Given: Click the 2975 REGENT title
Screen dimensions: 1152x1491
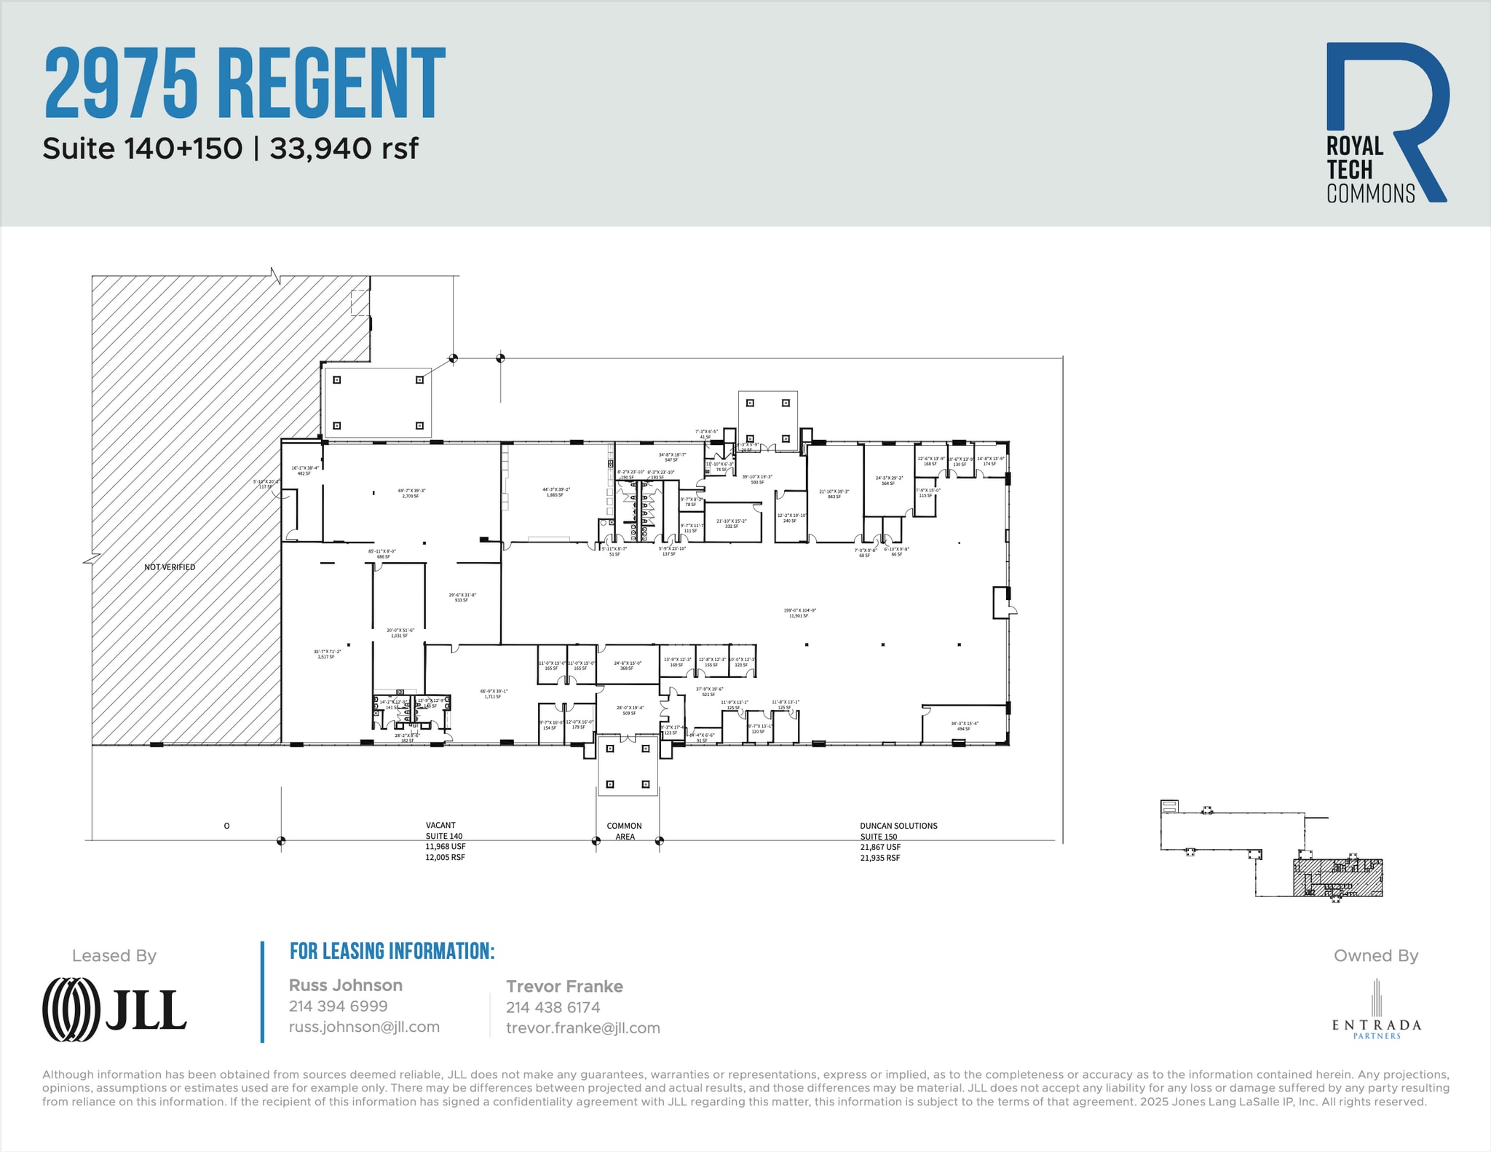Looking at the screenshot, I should (x=245, y=83).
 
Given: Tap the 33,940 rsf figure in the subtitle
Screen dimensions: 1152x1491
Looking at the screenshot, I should (x=344, y=149).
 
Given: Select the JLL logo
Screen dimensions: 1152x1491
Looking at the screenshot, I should (x=115, y=1009).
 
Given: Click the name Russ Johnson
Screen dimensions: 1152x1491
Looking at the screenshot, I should (x=346, y=985).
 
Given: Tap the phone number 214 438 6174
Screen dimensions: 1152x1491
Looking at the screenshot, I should (x=553, y=1007).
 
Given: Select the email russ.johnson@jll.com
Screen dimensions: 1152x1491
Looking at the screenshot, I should (x=364, y=1027).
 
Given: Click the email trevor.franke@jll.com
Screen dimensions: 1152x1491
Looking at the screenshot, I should (x=583, y=1028).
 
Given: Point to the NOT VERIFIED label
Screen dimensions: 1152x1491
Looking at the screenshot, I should (x=170, y=567).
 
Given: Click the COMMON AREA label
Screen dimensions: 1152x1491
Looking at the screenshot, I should (x=625, y=831).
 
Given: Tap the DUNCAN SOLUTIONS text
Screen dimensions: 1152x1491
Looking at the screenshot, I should (x=898, y=826).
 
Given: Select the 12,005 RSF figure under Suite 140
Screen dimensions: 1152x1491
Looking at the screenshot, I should (x=445, y=857).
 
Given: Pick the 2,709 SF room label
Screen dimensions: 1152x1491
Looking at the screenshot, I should (x=411, y=496).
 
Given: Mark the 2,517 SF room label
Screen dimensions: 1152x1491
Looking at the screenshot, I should (x=326, y=657).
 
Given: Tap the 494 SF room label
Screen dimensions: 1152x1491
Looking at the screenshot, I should (x=964, y=728).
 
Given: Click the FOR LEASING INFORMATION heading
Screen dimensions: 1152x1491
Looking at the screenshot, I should (x=392, y=951).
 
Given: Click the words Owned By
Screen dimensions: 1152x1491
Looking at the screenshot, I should (x=1375, y=955).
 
